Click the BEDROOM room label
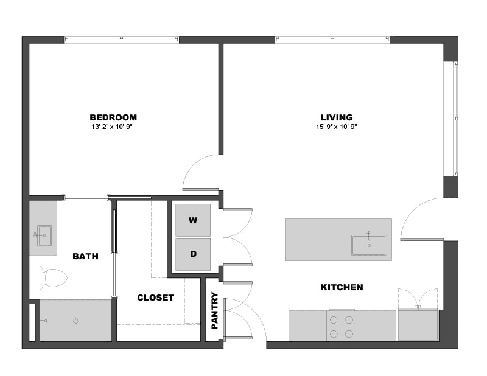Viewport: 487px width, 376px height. pyautogui.click(x=113, y=117)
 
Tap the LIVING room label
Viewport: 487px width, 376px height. pyautogui.click(x=337, y=117)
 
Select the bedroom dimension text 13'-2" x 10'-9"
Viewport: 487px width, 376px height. pyautogui.click(x=112, y=127)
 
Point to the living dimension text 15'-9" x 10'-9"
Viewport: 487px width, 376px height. pyautogui.click(x=337, y=127)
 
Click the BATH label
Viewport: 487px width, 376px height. pyautogui.click(x=85, y=256)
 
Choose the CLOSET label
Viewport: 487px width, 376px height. pyautogui.click(x=156, y=298)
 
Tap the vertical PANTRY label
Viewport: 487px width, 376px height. pyautogui.click(x=215, y=311)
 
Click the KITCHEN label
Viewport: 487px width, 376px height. pyautogui.click(x=342, y=287)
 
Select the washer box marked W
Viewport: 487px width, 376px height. pyautogui.click(x=193, y=220)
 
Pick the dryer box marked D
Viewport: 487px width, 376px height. pyautogui.click(x=193, y=254)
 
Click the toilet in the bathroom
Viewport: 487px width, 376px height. pyautogui.click(x=49, y=278)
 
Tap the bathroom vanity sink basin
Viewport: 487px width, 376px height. pyautogui.click(x=44, y=235)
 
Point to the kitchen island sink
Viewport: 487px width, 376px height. pyautogui.click(x=369, y=245)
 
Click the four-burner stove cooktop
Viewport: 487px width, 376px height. pyautogui.click(x=342, y=326)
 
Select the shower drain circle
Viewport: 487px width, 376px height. pyautogui.click(x=75, y=321)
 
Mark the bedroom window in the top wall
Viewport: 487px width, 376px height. pyautogui.click(x=121, y=39)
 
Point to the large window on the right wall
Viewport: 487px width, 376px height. pyautogui.click(x=450, y=119)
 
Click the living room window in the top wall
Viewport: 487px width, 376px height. pyautogui.click(x=332, y=39)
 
